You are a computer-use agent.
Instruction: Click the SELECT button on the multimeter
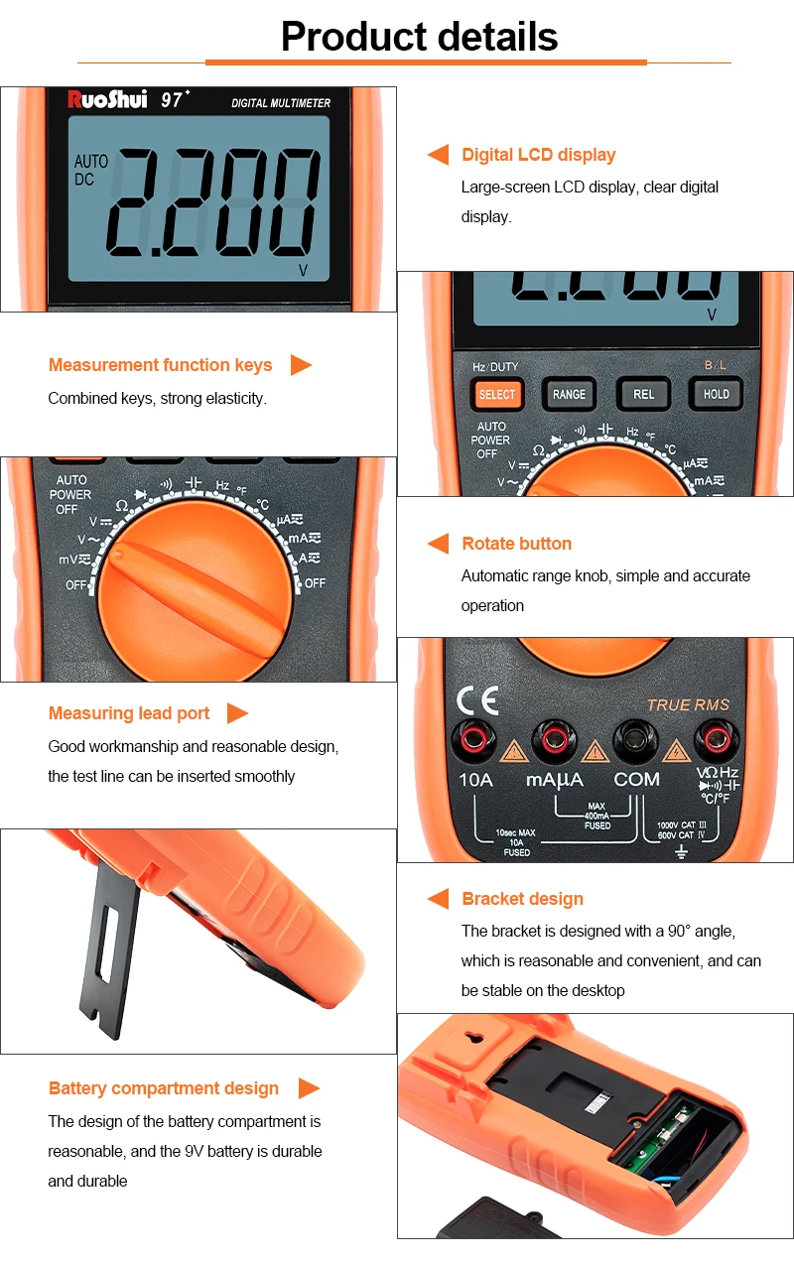click(x=497, y=394)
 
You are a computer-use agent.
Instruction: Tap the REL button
click(x=643, y=394)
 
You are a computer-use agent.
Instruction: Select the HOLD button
click(x=716, y=394)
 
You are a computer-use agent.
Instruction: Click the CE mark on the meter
click(x=477, y=700)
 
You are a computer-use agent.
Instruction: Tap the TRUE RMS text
click(x=688, y=705)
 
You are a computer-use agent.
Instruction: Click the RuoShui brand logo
click(x=106, y=99)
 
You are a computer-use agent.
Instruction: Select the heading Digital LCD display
click(x=539, y=155)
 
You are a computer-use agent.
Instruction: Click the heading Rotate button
click(x=516, y=544)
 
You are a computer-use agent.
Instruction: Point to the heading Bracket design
click(x=522, y=899)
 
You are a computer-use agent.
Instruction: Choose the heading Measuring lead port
click(x=129, y=713)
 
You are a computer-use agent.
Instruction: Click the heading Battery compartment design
click(x=164, y=1088)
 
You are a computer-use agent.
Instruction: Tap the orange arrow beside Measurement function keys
click(x=301, y=365)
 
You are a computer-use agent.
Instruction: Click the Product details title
click(x=419, y=37)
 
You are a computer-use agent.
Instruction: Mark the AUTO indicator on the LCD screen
click(x=91, y=161)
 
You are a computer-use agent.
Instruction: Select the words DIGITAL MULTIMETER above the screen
click(x=281, y=103)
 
